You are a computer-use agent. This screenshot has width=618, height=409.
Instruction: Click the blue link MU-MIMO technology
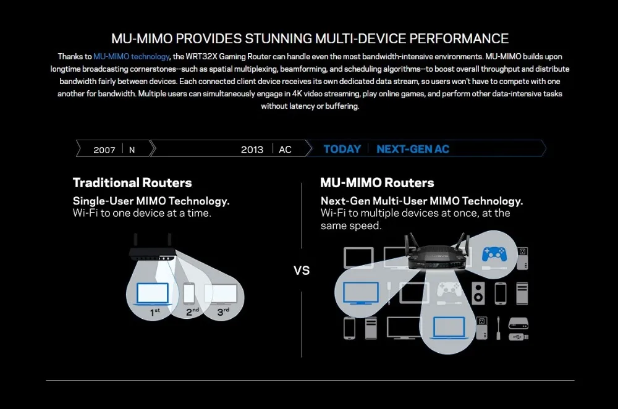pyautogui.click(x=131, y=56)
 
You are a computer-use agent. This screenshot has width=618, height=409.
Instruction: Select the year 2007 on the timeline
pyautogui.click(x=104, y=150)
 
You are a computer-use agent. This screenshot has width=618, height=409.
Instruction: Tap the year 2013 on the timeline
pyautogui.click(x=252, y=150)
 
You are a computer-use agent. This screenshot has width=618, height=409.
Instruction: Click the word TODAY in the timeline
pyautogui.click(x=342, y=149)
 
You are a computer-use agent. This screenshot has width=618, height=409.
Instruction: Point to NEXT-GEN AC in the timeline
pyautogui.click(x=413, y=149)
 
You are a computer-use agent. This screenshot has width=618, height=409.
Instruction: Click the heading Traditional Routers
pyautogui.click(x=132, y=183)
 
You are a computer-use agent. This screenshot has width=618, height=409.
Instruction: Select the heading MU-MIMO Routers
pyautogui.click(x=377, y=183)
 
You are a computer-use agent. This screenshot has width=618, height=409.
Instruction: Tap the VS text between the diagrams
pyautogui.click(x=302, y=271)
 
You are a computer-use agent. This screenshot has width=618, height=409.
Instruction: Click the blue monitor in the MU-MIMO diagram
pyautogui.click(x=361, y=292)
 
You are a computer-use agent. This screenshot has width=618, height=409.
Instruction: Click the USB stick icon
pyautogui.click(x=518, y=337)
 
